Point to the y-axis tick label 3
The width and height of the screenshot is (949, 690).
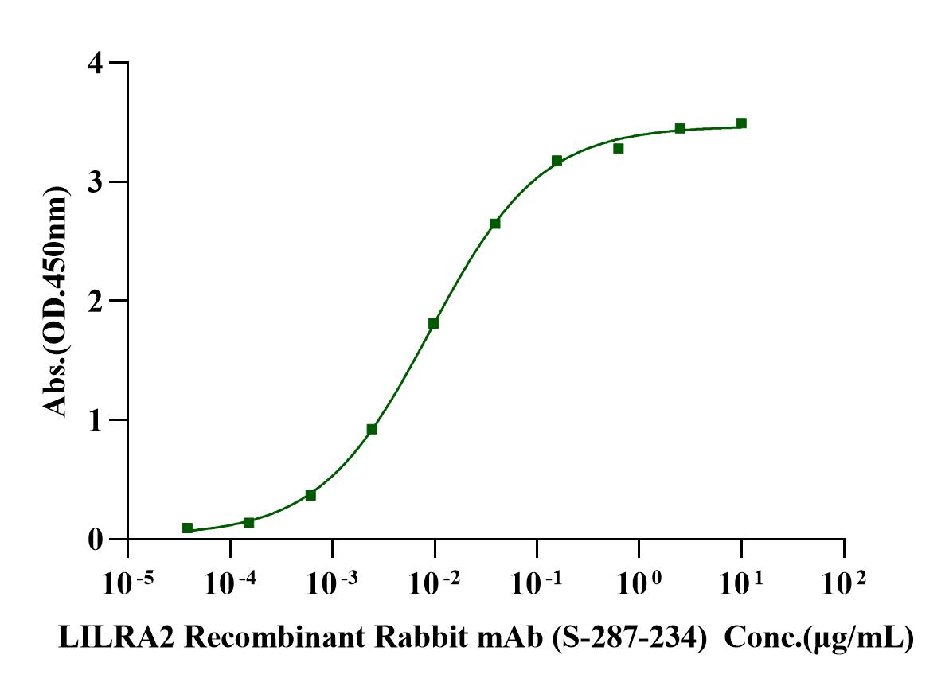pyautogui.click(x=96, y=183)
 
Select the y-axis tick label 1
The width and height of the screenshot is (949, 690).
pyautogui.click(x=96, y=421)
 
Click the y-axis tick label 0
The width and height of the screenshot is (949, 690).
pyautogui.click(x=96, y=540)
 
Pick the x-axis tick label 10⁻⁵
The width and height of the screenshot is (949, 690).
pyautogui.click(x=127, y=583)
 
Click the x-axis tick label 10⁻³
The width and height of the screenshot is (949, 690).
pyautogui.click(x=332, y=583)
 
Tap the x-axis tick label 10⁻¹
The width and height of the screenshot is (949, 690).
pyautogui.click(x=537, y=583)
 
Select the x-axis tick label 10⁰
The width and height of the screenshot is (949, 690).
pyautogui.click(x=638, y=583)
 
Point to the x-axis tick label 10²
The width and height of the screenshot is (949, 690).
pyautogui.click(x=843, y=583)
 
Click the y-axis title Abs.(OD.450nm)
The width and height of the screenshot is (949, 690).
pyautogui.click(x=56, y=302)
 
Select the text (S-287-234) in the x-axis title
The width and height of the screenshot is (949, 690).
pyautogui.click(x=630, y=638)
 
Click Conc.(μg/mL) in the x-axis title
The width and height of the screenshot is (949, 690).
pyautogui.click(x=819, y=638)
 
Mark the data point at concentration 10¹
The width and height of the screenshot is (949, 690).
pyautogui.click(x=740, y=123)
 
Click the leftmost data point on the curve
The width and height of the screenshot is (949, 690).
pyautogui.click(x=188, y=528)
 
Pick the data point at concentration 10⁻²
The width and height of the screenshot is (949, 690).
pyautogui.click(x=433, y=323)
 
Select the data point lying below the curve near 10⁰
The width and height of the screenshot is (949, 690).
pyautogui.click(x=618, y=148)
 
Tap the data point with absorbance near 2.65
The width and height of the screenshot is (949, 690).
pyautogui.click(x=495, y=224)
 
